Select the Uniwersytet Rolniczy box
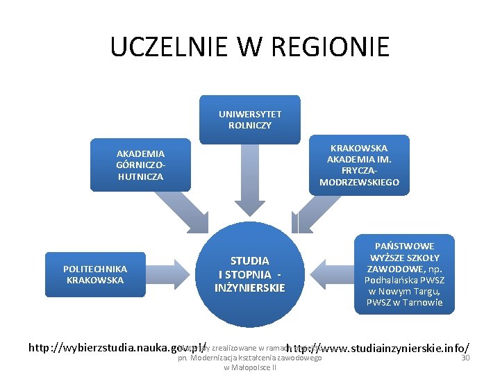[250, 119]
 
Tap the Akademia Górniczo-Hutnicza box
[140, 165]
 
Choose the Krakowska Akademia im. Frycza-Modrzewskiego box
[359, 165]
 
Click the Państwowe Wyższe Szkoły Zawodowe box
[404, 274]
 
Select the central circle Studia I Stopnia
[250, 274]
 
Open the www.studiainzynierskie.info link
[378, 347]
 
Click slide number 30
[466, 358]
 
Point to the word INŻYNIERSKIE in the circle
[250, 287]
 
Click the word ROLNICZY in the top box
[250, 125]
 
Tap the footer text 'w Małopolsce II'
[250, 367]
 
